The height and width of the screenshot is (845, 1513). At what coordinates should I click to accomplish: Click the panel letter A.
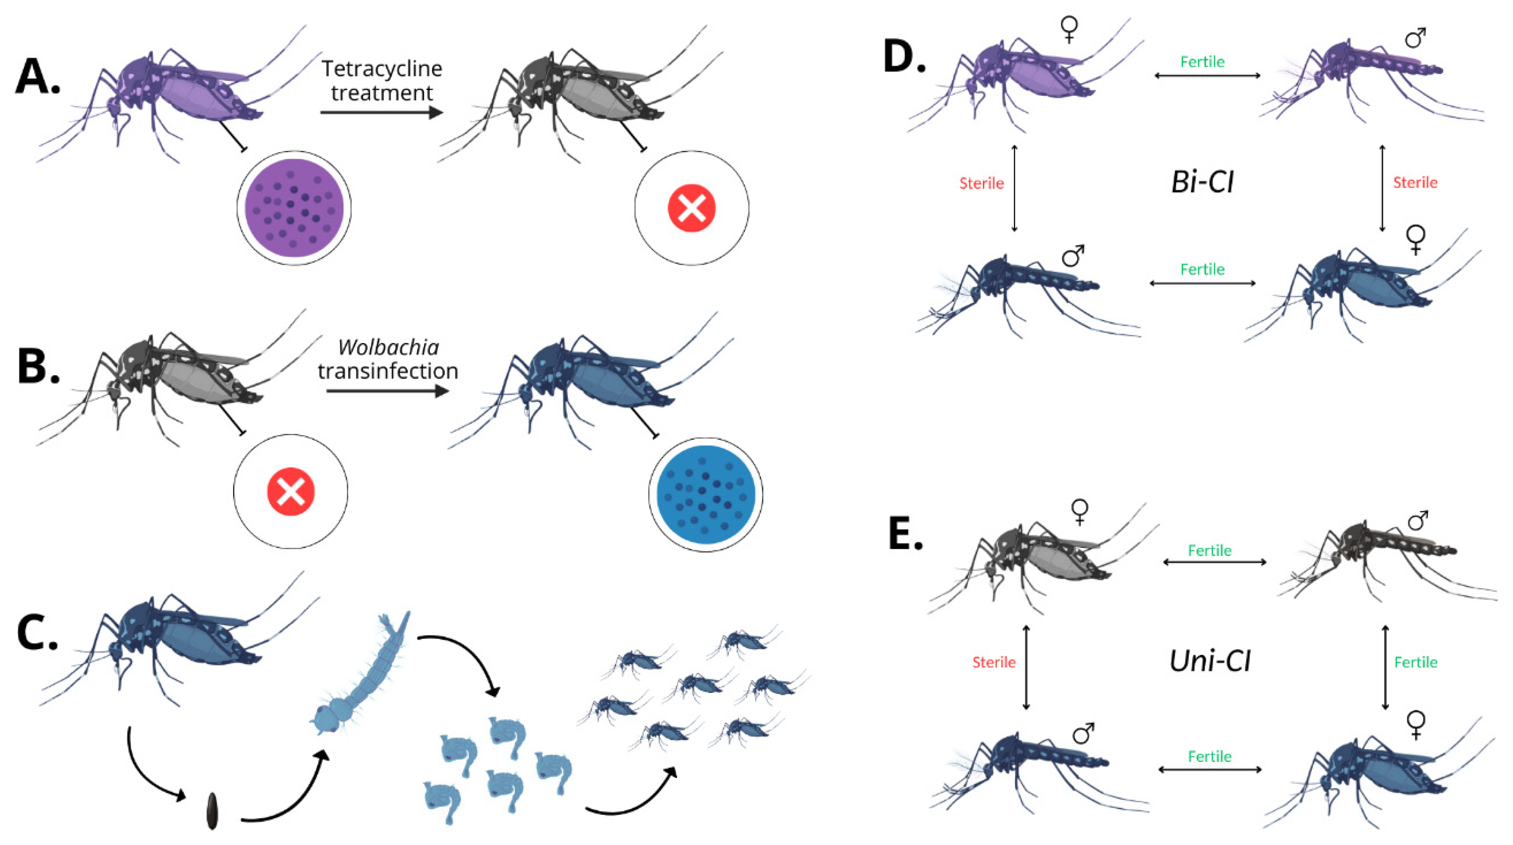tap(37, 77)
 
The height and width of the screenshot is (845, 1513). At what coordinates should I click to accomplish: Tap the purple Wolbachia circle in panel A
tap(294, 208)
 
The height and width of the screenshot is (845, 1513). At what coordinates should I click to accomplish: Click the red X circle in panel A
tap(691, 208)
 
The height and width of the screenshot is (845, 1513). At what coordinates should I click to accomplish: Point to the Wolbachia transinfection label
tap(387, 359)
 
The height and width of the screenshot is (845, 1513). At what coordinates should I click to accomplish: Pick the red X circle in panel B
tap(290, 492)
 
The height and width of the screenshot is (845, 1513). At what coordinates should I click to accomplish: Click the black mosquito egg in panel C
tap(212, 811)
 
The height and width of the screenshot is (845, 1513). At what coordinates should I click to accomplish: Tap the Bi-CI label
tap(1202, 182)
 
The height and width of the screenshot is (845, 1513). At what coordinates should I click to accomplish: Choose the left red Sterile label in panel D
tap(982, 183)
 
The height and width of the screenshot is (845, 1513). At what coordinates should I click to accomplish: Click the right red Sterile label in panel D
tap(1415, 183)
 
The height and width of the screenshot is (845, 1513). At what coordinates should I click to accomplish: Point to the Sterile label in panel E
tap(994, 662)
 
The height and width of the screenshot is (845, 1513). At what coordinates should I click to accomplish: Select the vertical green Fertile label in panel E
tap(1415, 662)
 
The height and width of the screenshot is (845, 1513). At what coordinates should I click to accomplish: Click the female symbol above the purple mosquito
tap(1069, 29)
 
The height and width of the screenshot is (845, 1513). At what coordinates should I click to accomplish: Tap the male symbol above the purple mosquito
tap(1415, 37)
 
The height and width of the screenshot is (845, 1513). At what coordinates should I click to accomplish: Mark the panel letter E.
tap(906, 534)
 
